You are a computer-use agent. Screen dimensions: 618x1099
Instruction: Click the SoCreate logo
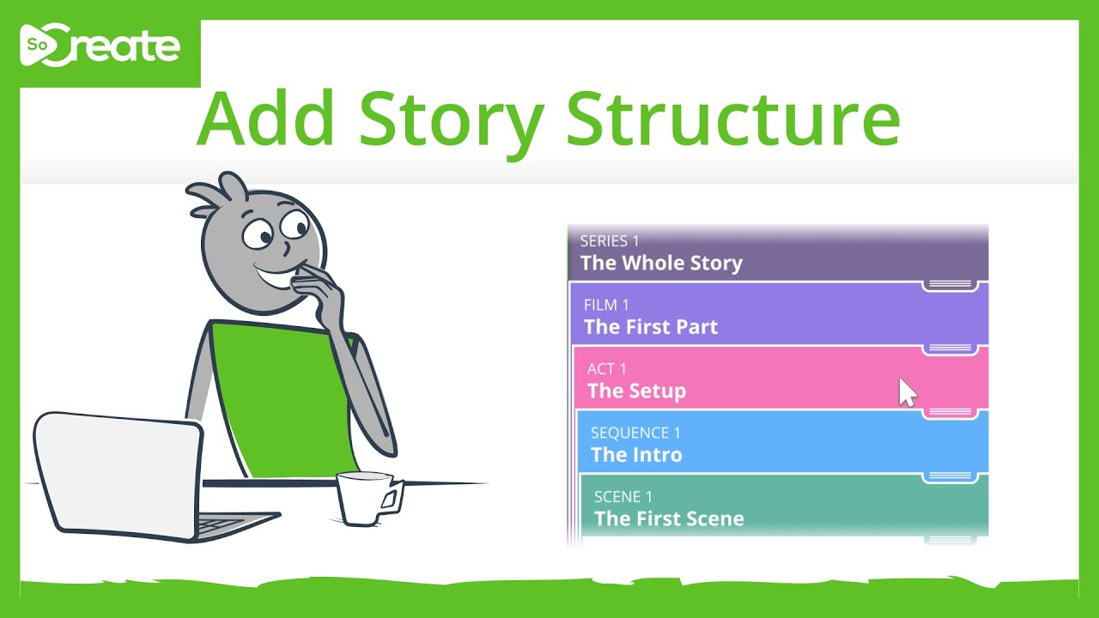click(x=100, y=48)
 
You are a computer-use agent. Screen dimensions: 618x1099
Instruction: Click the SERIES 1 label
click(x=609, y=241)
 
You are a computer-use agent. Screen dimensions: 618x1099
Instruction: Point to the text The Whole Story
click(x=661, y=264)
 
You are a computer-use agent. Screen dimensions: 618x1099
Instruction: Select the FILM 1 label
click(x=606, y=305)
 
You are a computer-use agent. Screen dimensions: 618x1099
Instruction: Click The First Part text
click(x=650, y=327)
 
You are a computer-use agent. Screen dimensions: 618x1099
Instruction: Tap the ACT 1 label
click(x=606, y=369)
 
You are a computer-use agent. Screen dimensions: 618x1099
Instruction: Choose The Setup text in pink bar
click(x=636, y=391)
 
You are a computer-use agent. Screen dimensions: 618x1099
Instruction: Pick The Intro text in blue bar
click(x=636, y=455)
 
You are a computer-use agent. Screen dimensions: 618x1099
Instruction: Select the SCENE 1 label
click(x=622, y=497)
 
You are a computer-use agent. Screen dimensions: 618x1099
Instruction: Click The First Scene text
click(x=669, y=518)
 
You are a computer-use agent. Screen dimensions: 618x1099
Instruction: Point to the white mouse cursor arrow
click(x=907, y=392)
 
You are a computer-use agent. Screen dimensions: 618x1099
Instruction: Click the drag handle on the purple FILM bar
click(x=950, y=348)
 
